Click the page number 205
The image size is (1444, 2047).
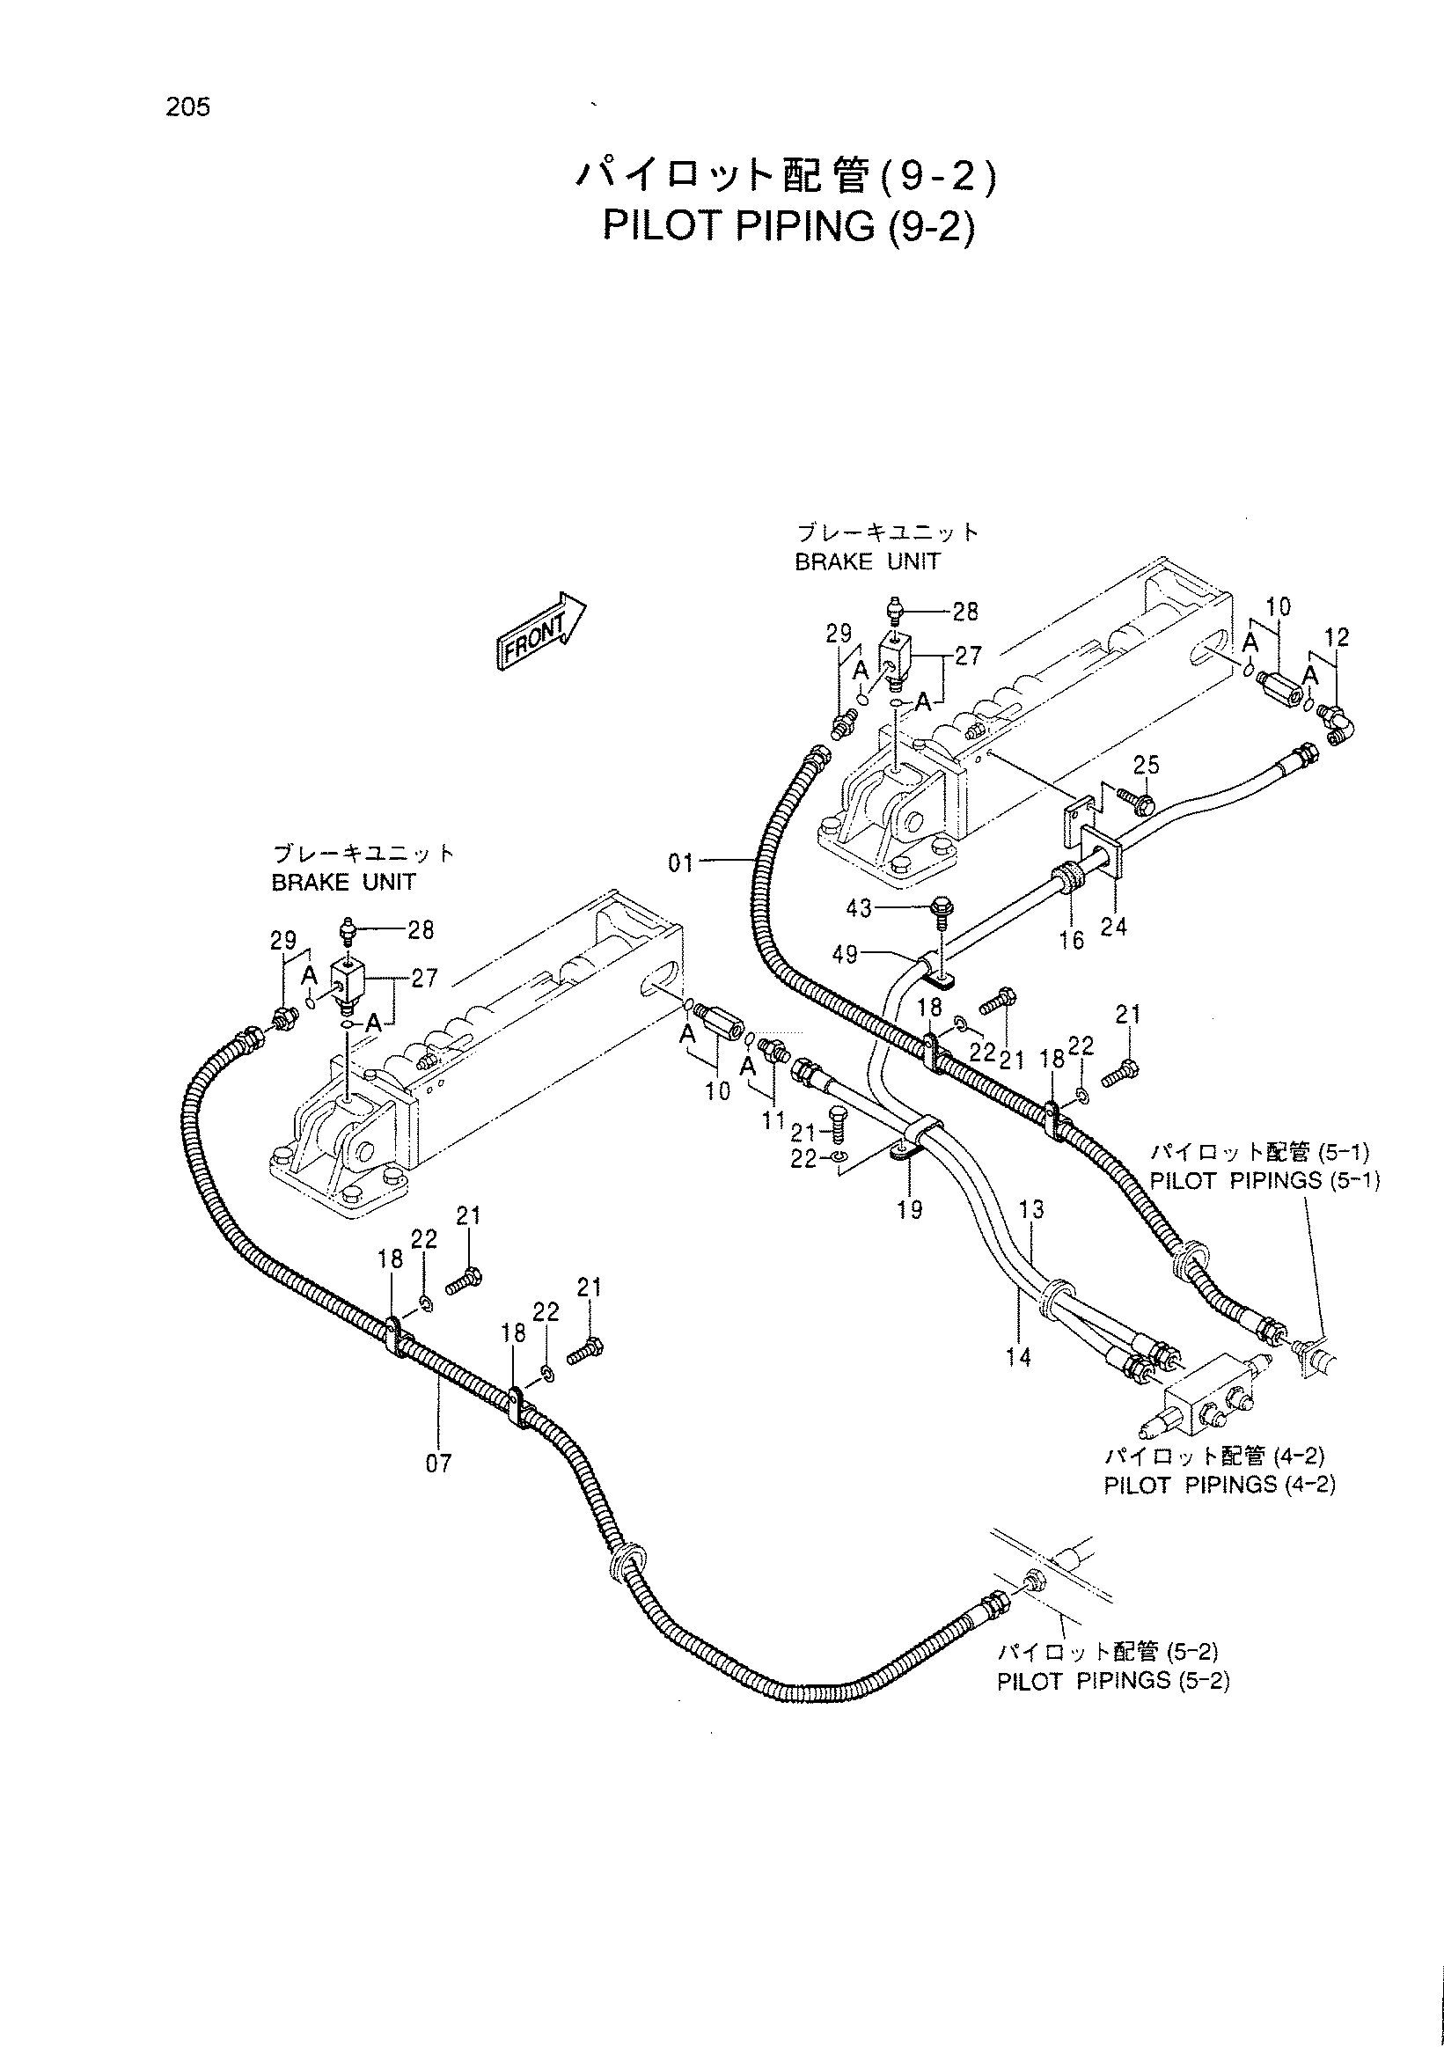point(187,107)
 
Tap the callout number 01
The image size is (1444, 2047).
point(681,863)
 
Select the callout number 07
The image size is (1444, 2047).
point(438,1463)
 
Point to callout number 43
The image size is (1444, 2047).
point(859,908)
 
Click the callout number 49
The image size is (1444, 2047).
point(845,955)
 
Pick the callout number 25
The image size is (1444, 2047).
point(1147,765)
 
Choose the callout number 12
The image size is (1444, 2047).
point(1337,637)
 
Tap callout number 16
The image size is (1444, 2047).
point(1072,940)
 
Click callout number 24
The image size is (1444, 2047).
point(1113,928)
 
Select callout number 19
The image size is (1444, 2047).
point(910,1210)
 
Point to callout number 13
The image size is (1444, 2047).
point(1031,1210)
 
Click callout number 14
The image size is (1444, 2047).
point(1019,1357)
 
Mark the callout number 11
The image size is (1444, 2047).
point(773,1120)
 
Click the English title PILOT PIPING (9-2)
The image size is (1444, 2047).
point(788,226)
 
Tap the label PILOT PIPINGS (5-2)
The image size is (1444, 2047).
point(1112,1682)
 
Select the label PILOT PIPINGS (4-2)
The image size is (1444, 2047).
point(1220,1485)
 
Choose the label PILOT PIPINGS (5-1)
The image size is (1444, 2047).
point(1264,1180)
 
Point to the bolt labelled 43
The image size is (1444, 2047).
point(940,911)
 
